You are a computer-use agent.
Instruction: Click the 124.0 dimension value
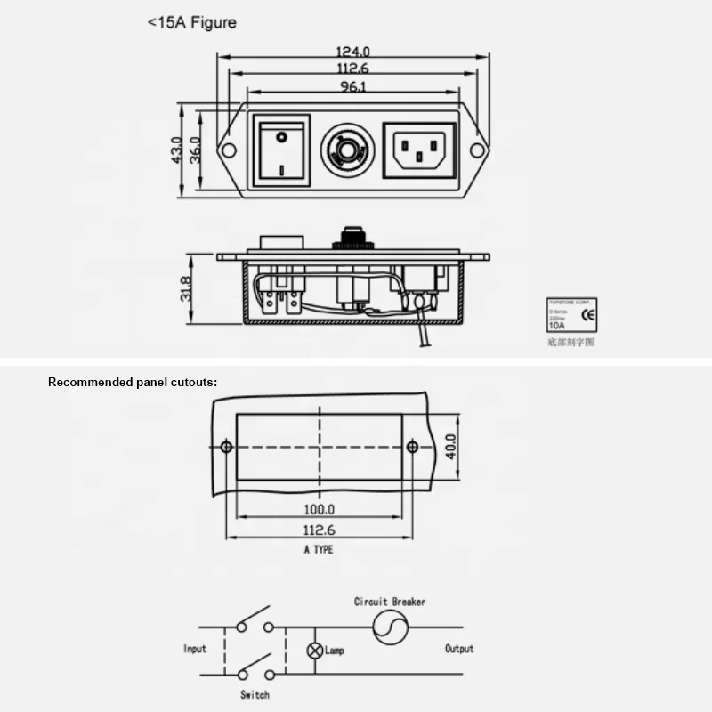click(353, 53)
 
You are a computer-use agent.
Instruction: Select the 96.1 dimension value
click(353, 86)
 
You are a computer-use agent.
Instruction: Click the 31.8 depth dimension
click(186, 287)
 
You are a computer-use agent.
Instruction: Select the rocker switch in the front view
click(282, 150)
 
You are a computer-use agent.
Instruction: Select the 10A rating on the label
click(556, 326)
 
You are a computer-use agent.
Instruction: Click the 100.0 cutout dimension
click(319, 510)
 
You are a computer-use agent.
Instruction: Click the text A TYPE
click(319, 550)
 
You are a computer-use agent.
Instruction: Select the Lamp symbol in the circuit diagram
click(314, 650)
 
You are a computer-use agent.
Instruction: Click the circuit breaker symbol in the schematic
click(389, 627)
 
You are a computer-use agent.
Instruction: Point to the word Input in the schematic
click(195, 649)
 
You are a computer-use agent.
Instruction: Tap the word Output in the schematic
click(459, 649)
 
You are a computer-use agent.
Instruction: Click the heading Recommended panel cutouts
click(133, 382)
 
